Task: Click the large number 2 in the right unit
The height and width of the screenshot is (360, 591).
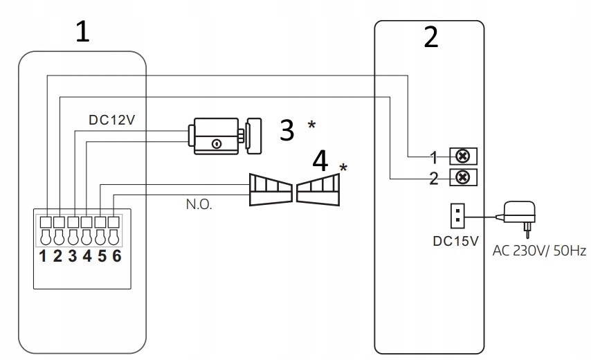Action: pos(430,37)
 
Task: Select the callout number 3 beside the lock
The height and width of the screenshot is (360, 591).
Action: pos(287,129)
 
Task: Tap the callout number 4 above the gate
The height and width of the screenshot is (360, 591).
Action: pos(320,162)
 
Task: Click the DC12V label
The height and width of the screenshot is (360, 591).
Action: pos(111,119)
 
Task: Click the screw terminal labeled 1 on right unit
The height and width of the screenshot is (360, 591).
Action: pos(464,156)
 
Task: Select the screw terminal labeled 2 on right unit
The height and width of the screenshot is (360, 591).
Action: pos(464,178)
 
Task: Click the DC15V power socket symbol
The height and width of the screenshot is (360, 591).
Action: pos(457,215)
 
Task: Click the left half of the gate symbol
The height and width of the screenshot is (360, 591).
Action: pos(270,190)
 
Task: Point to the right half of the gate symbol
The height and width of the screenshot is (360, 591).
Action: pos(319,191)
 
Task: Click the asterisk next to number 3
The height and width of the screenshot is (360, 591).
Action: pos(312,125)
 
